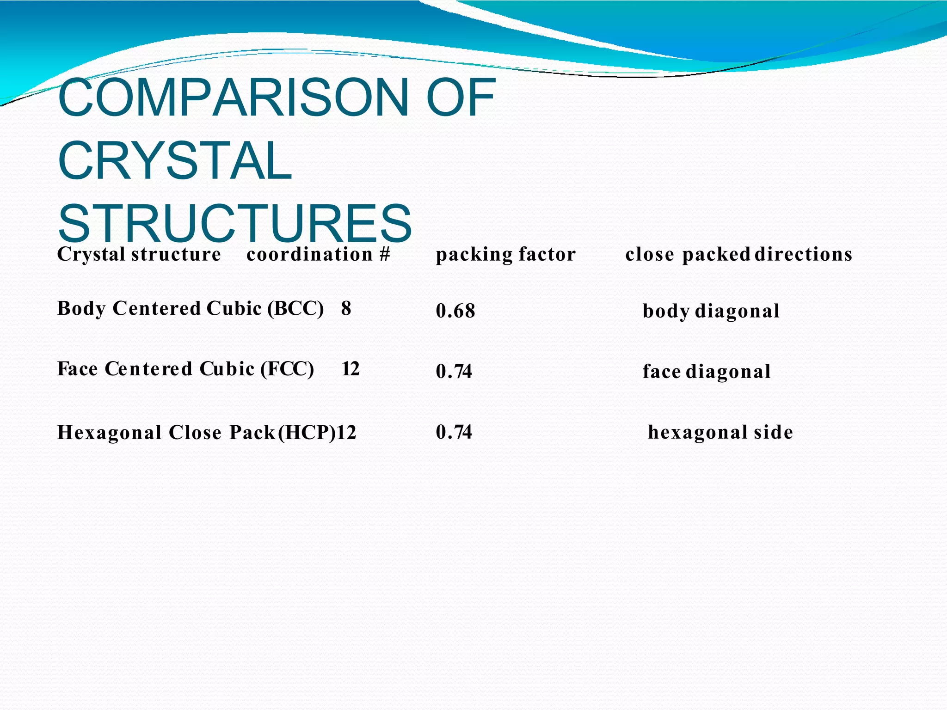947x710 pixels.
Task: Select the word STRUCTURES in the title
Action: (234, 224)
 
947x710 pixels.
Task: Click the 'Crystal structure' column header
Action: (139, 254)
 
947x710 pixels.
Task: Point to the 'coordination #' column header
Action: (318, 254)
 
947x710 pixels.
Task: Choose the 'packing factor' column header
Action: (505, 254)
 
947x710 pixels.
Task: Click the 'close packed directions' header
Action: (738, 254)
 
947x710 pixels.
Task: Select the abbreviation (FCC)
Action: (287, 369)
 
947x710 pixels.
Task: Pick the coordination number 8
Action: (346, 308)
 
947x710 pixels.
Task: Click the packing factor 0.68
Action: (455, 311)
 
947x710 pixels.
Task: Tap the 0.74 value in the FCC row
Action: (454, 372)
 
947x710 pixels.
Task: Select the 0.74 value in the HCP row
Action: (454, 432)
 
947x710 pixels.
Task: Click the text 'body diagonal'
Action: (711, 311)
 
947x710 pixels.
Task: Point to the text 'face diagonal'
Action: (706, 372)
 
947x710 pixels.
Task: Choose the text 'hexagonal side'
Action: (720, 432)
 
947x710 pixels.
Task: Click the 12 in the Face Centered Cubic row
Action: (350, 369)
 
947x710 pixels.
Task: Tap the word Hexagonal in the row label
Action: (109, 433)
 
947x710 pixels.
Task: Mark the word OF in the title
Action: (461, 98)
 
